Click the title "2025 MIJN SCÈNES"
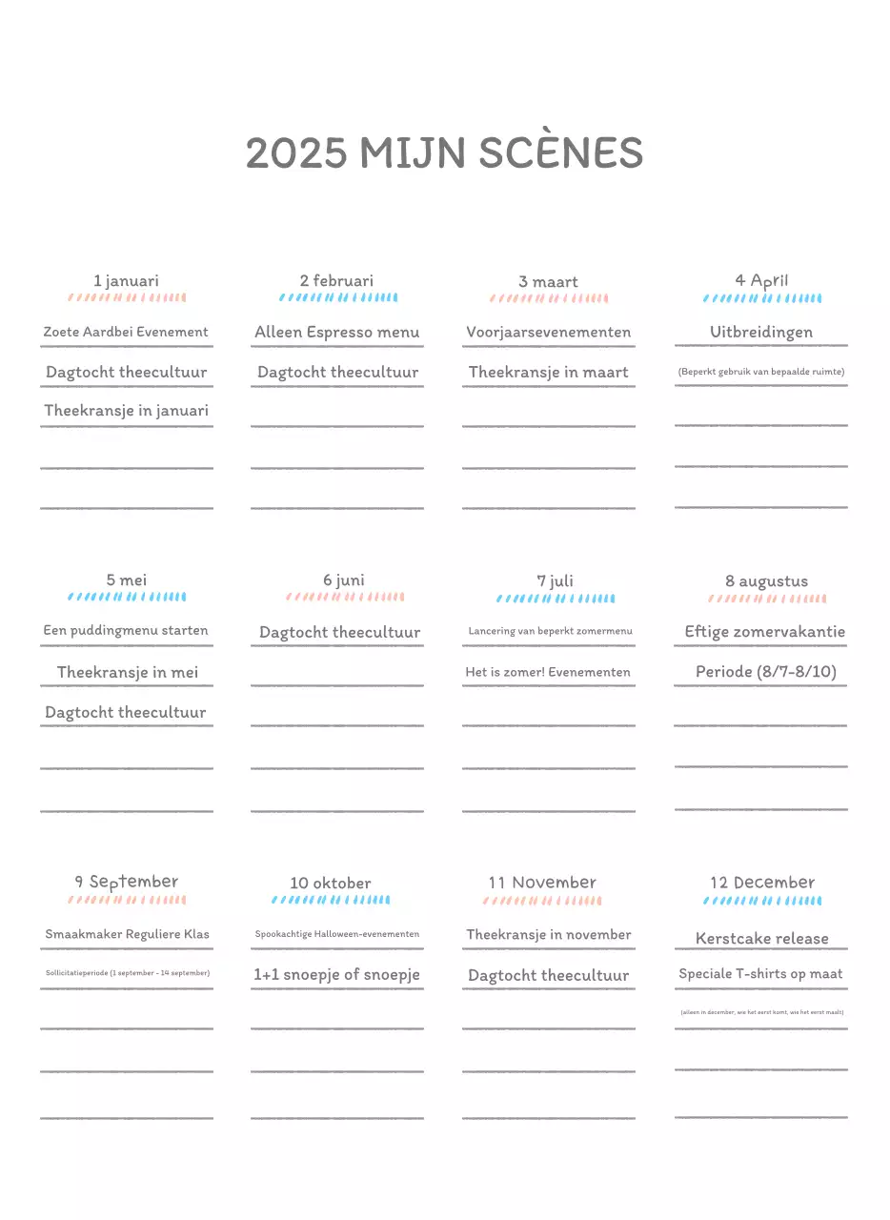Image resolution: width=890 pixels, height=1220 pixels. (444, 153)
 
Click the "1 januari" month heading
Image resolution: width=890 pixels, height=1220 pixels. (126, 281)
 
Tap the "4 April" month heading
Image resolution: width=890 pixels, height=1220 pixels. (761, 280)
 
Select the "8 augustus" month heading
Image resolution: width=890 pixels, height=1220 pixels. (766, 581)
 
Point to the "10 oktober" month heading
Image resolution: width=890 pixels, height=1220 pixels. (331, 884)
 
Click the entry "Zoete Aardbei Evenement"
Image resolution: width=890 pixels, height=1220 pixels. (126, 333)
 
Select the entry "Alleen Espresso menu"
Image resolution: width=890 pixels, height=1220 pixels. (337, 333)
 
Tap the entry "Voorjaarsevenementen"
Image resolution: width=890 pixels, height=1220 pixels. (549, 333)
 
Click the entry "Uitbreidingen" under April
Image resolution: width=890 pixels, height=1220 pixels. (761, 333)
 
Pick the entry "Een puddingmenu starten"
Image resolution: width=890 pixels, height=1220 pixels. (126, 631)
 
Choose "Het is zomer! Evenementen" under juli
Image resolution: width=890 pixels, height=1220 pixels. (548, 672)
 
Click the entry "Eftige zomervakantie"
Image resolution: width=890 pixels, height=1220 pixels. (765, 632)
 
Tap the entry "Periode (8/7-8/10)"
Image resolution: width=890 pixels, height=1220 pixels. (766, 672)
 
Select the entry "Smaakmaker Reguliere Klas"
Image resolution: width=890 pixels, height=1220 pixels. (127, 934)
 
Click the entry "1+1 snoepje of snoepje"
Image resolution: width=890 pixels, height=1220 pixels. (336, 975)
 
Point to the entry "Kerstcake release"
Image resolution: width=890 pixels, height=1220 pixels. (762, 939)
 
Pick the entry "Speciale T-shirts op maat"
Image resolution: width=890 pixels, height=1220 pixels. (760, 974)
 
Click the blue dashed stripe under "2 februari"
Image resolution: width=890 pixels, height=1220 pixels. (338, 297)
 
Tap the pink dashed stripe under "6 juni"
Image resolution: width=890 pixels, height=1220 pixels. (345, 598)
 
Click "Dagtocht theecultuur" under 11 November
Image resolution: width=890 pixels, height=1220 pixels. (549, 976)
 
